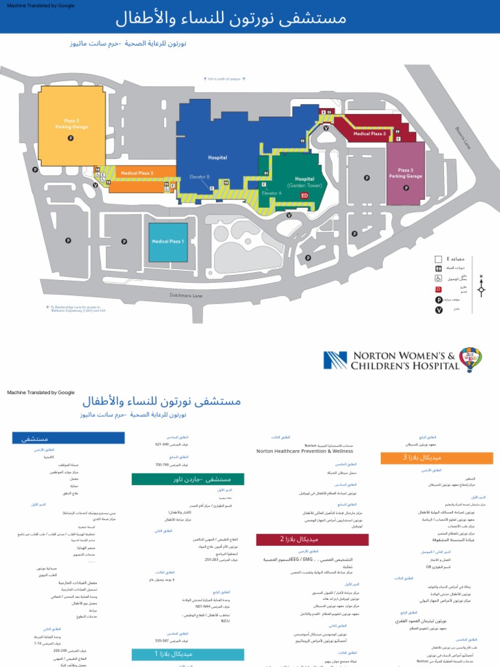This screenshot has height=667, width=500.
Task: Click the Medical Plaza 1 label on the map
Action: pyautogui.click(x=168, y=241)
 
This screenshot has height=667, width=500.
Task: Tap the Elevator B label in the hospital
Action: pyautogui.click(x=199, y=177)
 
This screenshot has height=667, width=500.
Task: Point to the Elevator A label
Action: pyautogui.click(x=271, y=193)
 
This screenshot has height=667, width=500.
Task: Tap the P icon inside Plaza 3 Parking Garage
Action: pyautogui.click(x=406, y=188)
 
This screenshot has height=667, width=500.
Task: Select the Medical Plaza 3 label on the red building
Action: pyautogui.click(x=370, y=134)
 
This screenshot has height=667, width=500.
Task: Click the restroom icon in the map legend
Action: pyautogui.click(x=439, y=268)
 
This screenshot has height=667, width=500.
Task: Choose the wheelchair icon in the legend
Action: pyautogui.click(x=439, y=278)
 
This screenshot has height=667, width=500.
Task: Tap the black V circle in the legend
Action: pyautogui.click(x=439, y=309)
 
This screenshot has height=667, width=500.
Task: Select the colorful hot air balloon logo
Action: pyautogui.click(x=470, y=359)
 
